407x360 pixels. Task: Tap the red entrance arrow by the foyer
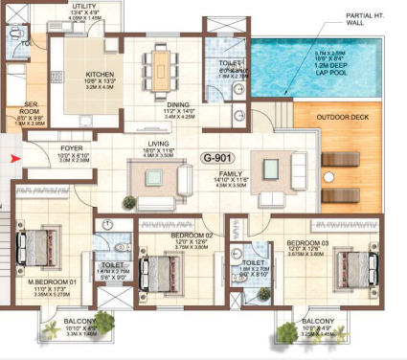[11, 158]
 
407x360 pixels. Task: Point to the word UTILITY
[84, 6]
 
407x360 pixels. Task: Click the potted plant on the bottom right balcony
[285, 331]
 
